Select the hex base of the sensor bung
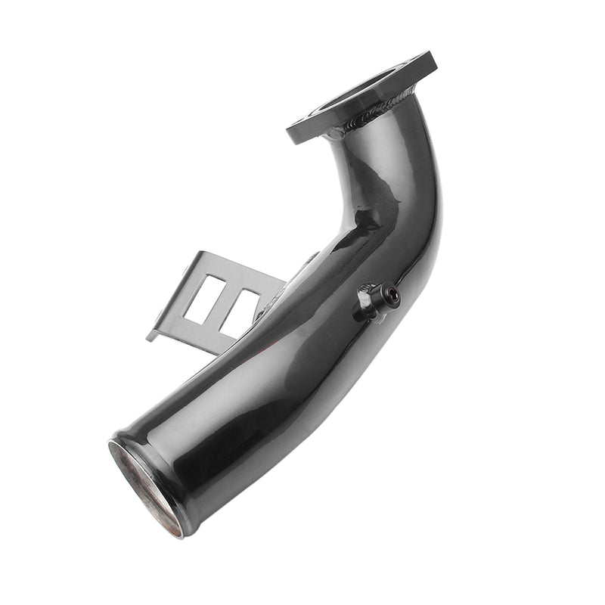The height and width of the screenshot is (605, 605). pos(368,301)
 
